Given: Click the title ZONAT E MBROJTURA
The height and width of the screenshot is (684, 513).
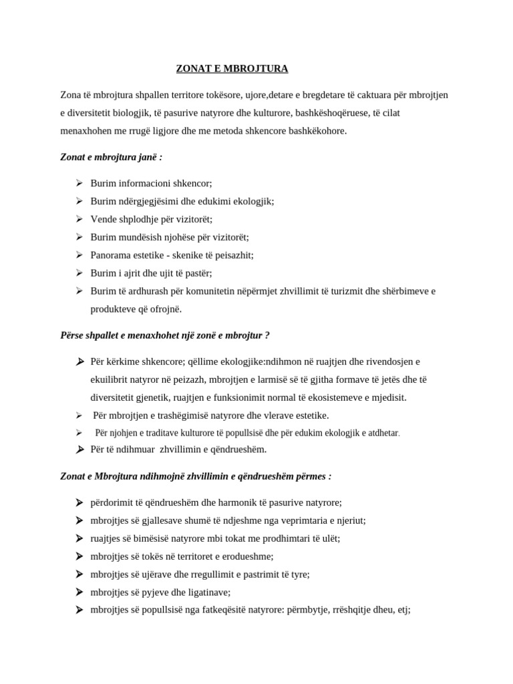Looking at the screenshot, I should tap(232, 69).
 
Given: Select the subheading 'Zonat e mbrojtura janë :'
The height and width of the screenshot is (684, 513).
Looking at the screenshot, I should tap(112, 157).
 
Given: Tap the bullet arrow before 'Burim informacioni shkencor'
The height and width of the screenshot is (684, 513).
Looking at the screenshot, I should tap(79, 182).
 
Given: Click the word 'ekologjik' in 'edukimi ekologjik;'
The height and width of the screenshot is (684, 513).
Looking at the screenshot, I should tap(252, 201).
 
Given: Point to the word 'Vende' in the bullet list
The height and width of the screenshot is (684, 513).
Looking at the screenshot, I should tap(104, 219).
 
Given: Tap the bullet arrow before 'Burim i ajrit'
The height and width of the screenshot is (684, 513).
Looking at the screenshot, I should tap(79, 273).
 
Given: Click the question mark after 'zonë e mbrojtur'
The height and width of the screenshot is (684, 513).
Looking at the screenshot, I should tap(267, 335).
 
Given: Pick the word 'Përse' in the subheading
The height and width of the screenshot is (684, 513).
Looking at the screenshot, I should tap(73, 335).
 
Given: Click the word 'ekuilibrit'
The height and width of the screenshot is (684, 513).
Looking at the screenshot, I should tap(111, 379).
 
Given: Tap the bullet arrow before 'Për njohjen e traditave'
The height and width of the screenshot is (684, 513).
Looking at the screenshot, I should tap(79, 433).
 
